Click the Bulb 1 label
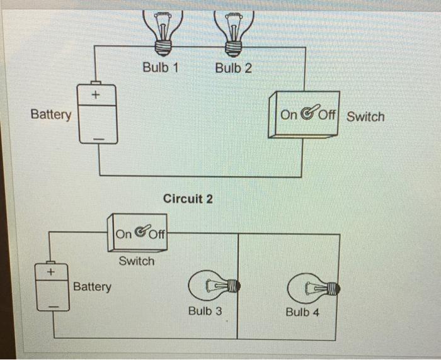coord(160,67)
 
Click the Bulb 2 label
coord(233,67)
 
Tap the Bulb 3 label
coord(205,311)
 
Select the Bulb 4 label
coord(302,312)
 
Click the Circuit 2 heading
coord(188,199)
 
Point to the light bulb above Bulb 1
coord(163,31)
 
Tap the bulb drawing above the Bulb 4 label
coord(313,289)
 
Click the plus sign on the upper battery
coord(96,95)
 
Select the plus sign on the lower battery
coord(52,271)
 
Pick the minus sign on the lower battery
coord(54,307)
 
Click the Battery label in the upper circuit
coord(51,115)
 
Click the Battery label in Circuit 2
coord(92,287)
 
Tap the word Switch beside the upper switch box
coord(365,116)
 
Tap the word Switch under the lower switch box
coord(136,261)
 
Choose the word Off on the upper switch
coord(326,115)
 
